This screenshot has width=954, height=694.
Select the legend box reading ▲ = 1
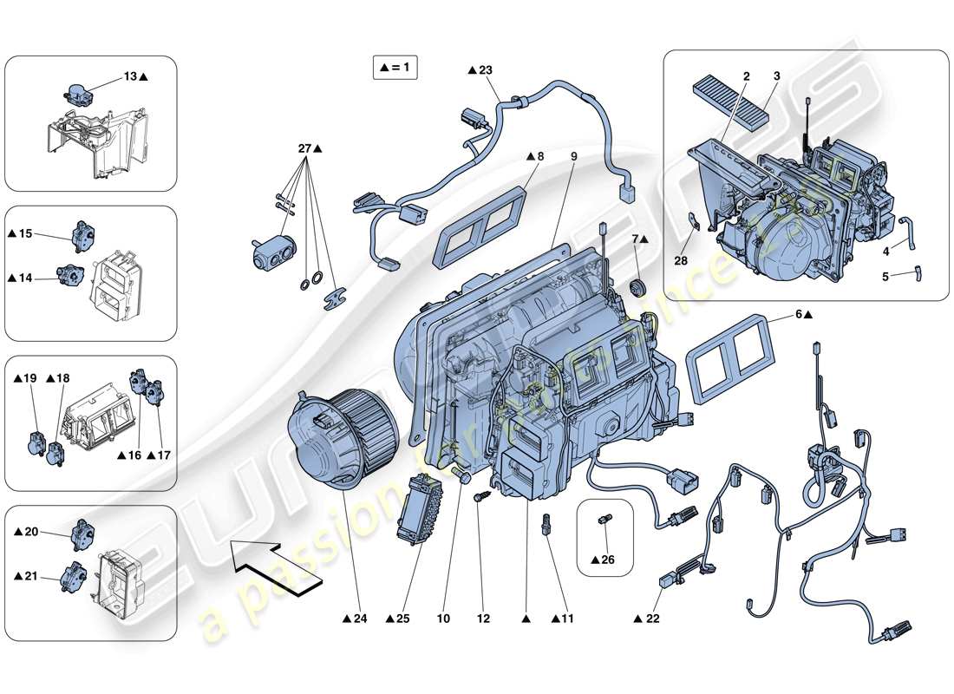click(395, 67)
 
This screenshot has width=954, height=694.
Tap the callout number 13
click(130, 77)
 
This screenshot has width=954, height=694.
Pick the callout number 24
click(357, 619)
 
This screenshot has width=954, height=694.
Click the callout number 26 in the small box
click(606, 560)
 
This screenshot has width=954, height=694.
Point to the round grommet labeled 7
click(641, 287)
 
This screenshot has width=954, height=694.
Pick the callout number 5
click(885, 278)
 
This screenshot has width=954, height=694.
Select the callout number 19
click(29, 378)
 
